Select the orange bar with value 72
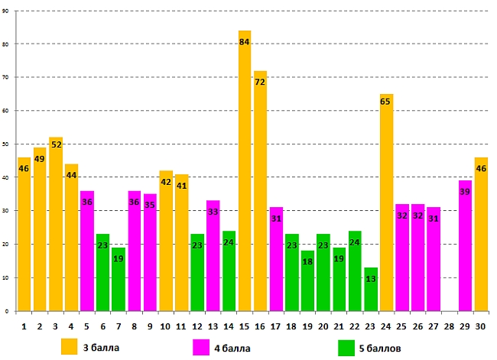[260, 191]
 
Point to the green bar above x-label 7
[119, 279]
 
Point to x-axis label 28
[449, 325]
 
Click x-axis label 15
[245, 325]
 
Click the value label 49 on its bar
[40, 159]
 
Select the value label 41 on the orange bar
[181, 186]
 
